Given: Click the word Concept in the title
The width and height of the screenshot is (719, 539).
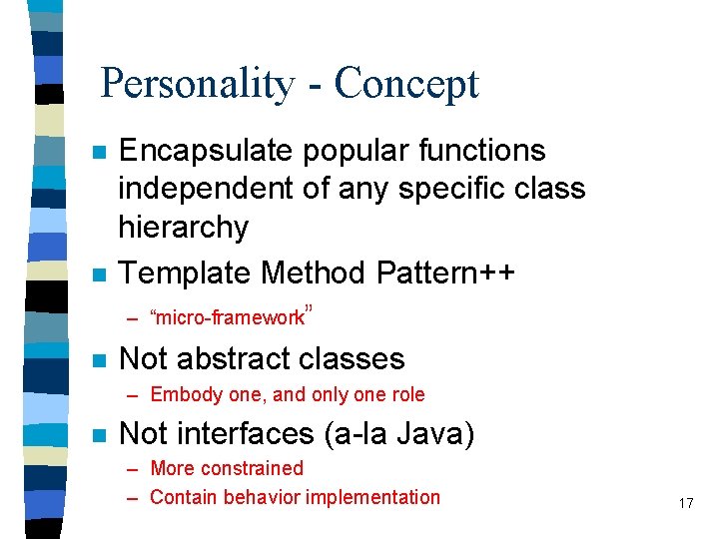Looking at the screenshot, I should coord(406,84).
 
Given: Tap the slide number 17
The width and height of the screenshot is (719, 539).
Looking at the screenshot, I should coord(685,503).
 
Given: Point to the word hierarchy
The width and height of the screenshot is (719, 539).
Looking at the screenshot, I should coord(183,227).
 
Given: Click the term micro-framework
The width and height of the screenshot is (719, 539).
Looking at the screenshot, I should coord(227,318).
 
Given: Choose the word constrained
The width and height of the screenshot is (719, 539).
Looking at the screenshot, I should coord(256,468).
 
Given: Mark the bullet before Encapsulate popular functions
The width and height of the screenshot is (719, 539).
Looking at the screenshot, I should coord(97,153).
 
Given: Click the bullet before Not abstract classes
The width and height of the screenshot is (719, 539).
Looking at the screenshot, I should coord(97,360).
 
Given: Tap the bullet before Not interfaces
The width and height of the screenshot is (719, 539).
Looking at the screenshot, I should coord(97,436).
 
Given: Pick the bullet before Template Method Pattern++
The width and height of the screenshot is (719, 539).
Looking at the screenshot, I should coord(97,273).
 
